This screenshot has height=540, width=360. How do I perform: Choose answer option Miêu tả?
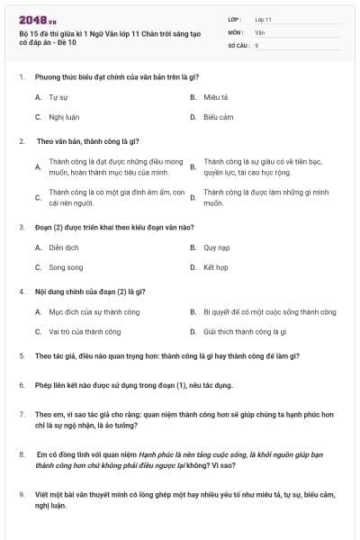[215, 96]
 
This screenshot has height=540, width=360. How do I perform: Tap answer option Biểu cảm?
[218, 117]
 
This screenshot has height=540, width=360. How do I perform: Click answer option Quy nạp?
[217, 247]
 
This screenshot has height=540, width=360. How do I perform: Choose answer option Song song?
[65, 267]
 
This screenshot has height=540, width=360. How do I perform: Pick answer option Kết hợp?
[215, 267]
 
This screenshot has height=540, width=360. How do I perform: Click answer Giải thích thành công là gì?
[244, 331]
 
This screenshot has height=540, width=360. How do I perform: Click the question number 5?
[21, 356]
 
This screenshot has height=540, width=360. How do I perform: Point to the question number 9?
[21, 494]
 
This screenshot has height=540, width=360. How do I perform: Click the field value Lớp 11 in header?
[263, 19]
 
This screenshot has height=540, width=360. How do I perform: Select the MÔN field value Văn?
[259, 31]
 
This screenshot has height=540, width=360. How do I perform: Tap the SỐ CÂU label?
[238, 44]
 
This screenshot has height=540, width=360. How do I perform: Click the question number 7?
[21, 414]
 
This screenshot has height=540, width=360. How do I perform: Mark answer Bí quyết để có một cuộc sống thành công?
[269, 311]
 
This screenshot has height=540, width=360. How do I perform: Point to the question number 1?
[21, 76]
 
